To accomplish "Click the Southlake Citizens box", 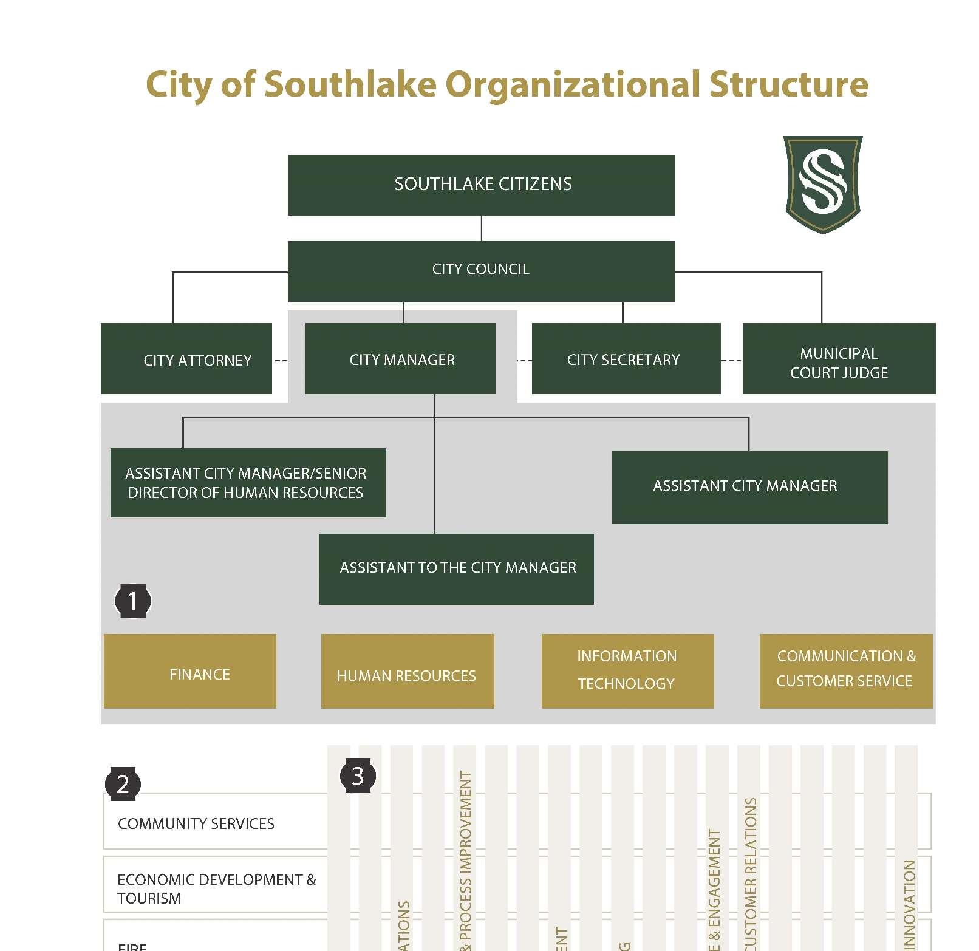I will [481, 185].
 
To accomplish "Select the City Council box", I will [481, 271].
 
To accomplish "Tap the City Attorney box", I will [186, 359].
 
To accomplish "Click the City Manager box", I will [400, 359].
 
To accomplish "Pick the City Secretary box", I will [626, 359].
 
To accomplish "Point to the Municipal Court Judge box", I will [839, 359].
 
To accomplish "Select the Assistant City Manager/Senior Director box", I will [248, 483].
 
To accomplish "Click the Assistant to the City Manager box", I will [457, 569].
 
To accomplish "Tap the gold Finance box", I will [190, 672].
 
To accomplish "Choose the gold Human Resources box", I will [408, 672].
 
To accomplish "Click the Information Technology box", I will [627, 672].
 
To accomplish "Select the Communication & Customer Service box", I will [846, 672].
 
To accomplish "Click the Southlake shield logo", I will [823, 184].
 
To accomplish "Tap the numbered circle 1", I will [133, 601].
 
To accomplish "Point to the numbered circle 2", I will [123, 784].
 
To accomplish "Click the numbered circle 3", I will [358, 776].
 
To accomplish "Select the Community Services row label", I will [196, 823].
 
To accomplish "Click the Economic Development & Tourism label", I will [216, 888].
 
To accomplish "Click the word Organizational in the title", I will [573, 84].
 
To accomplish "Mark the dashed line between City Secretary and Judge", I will [732, 361].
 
